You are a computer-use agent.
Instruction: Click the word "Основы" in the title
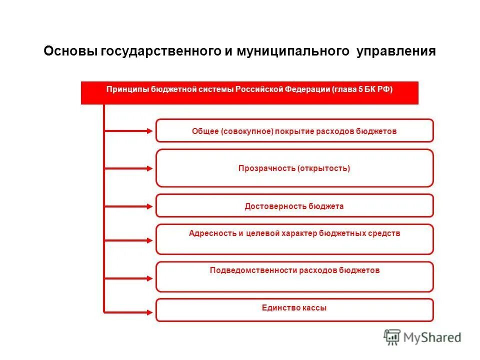pyautogui.click(x=70, y=51)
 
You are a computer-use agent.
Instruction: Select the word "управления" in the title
pyautogui.click(x=396, y=51)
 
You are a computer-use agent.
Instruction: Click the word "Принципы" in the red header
pyautogui.click(x=127, y=89)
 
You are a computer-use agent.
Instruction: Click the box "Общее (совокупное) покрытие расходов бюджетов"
pyautogui.click(x=294, y=131)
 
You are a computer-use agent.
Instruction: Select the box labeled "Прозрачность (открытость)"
pyautogui.click(x=294, y=168)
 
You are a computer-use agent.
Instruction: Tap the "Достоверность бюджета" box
pyautogui.click(x=294, y=206)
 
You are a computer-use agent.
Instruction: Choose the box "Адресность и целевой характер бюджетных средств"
pyautogui.click(x=294, y=239)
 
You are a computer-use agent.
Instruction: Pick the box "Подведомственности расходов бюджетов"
pyautogui.click(x=294, y=276)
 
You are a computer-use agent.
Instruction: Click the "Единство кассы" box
pyautogui.click(x=294, y=310)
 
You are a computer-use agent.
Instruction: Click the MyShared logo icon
pyautogui.click(x=392, y=337)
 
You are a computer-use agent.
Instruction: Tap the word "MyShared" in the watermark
pyautogui.click(x=432, y=337)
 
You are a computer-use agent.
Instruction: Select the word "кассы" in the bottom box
pyautogui.click(x=314, y=308)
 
